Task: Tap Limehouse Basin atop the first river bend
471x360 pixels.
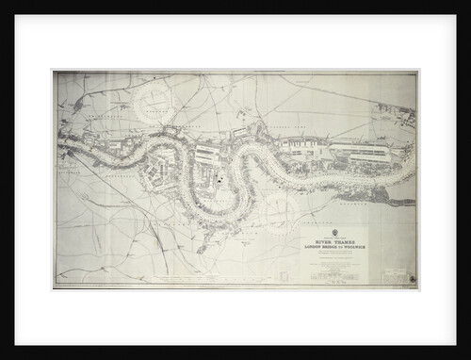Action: [x=169, y=131]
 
